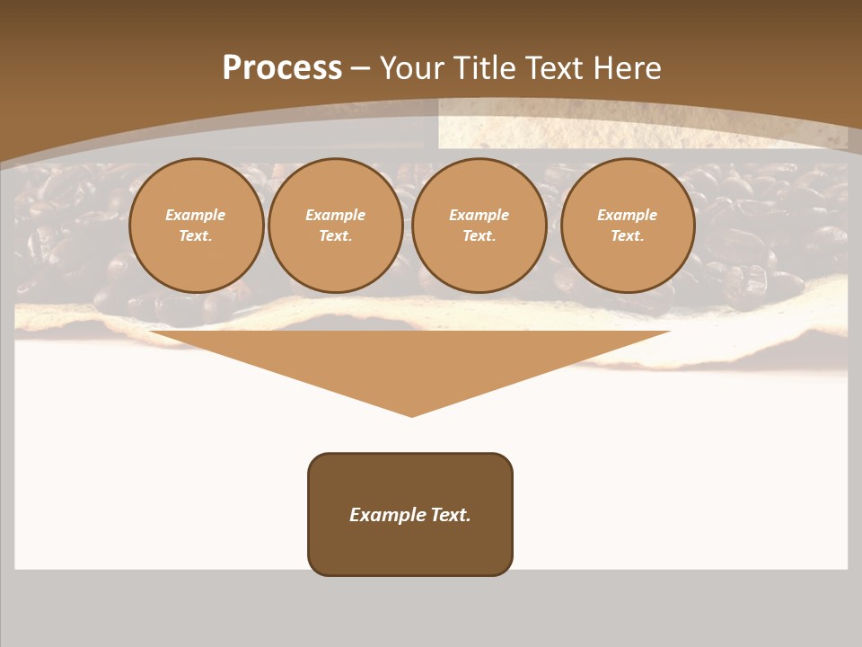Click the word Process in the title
click(282, 68)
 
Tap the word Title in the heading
click(483, 68)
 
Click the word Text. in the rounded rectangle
click(450, 515)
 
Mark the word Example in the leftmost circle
click(196, 215)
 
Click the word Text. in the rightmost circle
click(628, 235)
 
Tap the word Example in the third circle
click(479, 215)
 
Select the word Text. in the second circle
click(336, 235)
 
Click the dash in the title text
click(361, 68)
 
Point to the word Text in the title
click(550, 68)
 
